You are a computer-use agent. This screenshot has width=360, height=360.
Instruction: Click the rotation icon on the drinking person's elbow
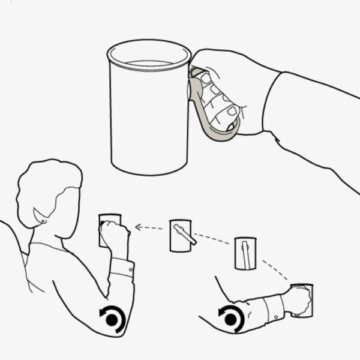pos(112,319)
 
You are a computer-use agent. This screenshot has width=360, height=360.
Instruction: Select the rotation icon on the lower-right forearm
pos(231,317)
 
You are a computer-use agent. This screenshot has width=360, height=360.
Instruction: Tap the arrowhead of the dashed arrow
pos(138,227)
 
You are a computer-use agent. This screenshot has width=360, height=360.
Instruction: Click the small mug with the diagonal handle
pos(181,235)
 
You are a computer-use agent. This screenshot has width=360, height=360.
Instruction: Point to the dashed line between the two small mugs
pos(213,238)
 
